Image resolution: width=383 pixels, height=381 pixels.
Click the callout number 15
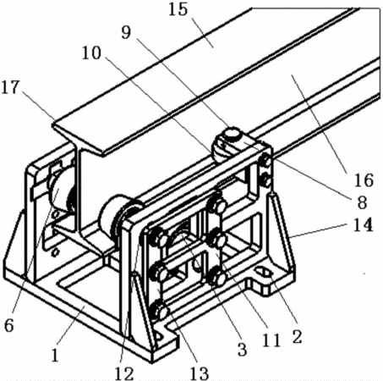pyautogui.click(x=178, y=9)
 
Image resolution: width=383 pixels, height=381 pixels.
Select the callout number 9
pyautogui.click(x=126, y=32)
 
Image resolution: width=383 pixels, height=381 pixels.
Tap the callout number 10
pyautogui.click(x=91, y=52)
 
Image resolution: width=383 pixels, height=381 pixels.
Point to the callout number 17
pyautogui.click(x=10, y=87)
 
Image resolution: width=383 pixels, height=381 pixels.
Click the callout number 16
pyautogui.click(x=364, y=180)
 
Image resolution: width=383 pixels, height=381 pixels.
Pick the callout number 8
pyautogui.click(x=362, y=202)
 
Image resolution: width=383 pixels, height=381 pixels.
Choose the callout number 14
pyautogui.click(x=363, y=224)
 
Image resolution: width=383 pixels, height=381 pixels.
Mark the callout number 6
pyautogui.click(x=8, y=325)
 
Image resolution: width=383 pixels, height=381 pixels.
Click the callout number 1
pyautogui.click(x=55, y=355)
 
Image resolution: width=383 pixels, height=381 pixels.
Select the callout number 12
pyautogui.click(x=124, y=374)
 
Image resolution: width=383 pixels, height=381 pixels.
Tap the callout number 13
pyautogui.click(x=199, y=374)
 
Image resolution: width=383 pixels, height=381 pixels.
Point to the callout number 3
pyautogui.click(x=242, y=349)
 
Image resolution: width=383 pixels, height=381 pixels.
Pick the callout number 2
pyautogui.click(x=297, y=337)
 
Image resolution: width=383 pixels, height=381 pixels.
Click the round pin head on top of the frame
pyautogui.click(x=233, y=133)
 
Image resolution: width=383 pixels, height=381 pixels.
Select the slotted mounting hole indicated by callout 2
pyautogui.click(x=264, y=273)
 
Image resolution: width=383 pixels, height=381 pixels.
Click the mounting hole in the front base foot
pyautogui.click(x=159, y=337)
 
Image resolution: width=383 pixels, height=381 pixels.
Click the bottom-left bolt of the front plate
pyautogui.click(x=160, y=312)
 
